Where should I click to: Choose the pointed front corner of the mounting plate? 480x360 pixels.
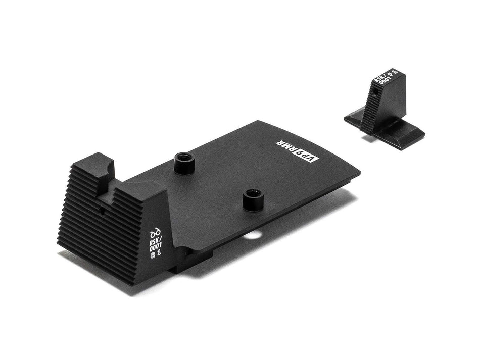click(361, 173)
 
